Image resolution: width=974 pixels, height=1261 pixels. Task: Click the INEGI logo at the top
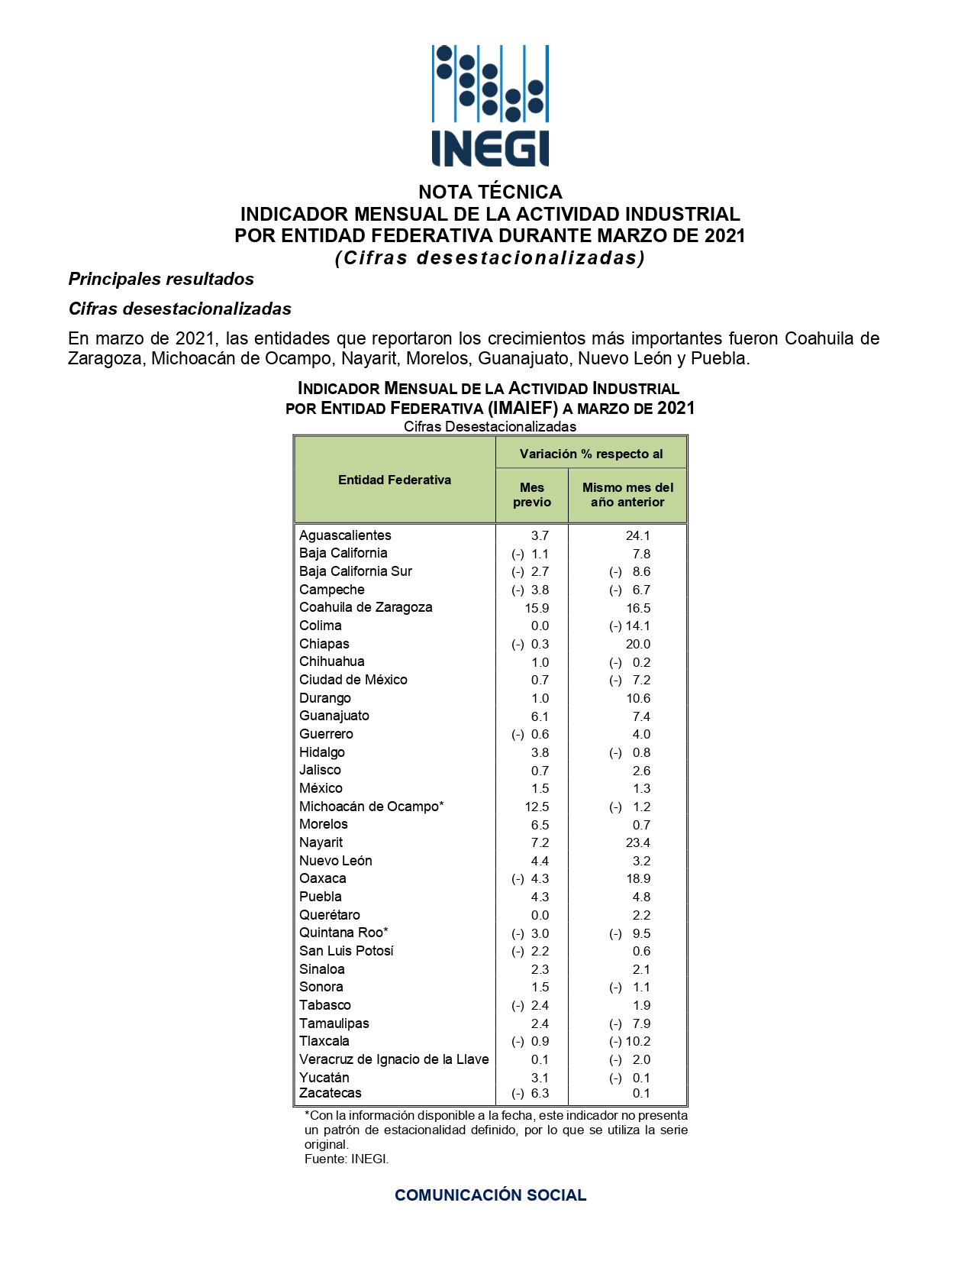click(490, 105)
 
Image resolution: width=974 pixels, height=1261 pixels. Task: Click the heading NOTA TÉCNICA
click(490, 192)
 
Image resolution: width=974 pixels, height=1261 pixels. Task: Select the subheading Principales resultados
click(161, 279)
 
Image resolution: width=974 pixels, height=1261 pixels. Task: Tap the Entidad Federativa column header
click(395, 480)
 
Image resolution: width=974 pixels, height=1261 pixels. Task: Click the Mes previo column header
click(532, 494)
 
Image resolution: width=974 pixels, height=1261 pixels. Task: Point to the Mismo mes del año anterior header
click(627, 494)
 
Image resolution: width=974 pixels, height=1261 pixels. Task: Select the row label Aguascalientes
click(345, 535)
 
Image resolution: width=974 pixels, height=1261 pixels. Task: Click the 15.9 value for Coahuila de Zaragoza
click(537, 608)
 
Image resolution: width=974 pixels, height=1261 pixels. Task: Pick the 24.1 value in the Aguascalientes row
click(637, 535)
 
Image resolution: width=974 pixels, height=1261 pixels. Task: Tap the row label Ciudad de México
click(353, 680)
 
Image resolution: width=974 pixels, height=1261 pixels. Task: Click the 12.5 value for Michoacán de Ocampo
click(537, 807)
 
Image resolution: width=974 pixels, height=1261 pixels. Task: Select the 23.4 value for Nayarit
click(637, 842)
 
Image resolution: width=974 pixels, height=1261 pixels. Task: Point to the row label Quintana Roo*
click(343, 933)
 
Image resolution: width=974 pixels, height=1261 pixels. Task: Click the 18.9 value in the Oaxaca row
click(637, 878)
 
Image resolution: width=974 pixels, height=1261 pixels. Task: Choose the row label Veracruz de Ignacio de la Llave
click(394, 1059)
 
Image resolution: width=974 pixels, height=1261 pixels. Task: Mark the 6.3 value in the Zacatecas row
click(540, 1093)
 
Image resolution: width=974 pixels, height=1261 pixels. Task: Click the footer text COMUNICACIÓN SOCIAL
click(490, 1195)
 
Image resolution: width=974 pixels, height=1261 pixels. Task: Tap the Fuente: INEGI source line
click(347, 1159)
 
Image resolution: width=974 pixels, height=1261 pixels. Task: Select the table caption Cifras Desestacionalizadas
click(490, 426)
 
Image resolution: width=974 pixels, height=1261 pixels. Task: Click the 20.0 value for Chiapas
click(637, 644)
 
